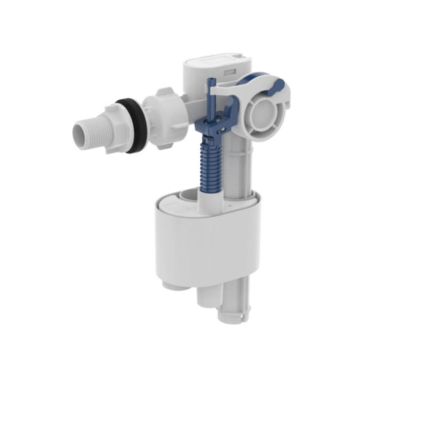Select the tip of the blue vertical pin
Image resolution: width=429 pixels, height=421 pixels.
(210, 82)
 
